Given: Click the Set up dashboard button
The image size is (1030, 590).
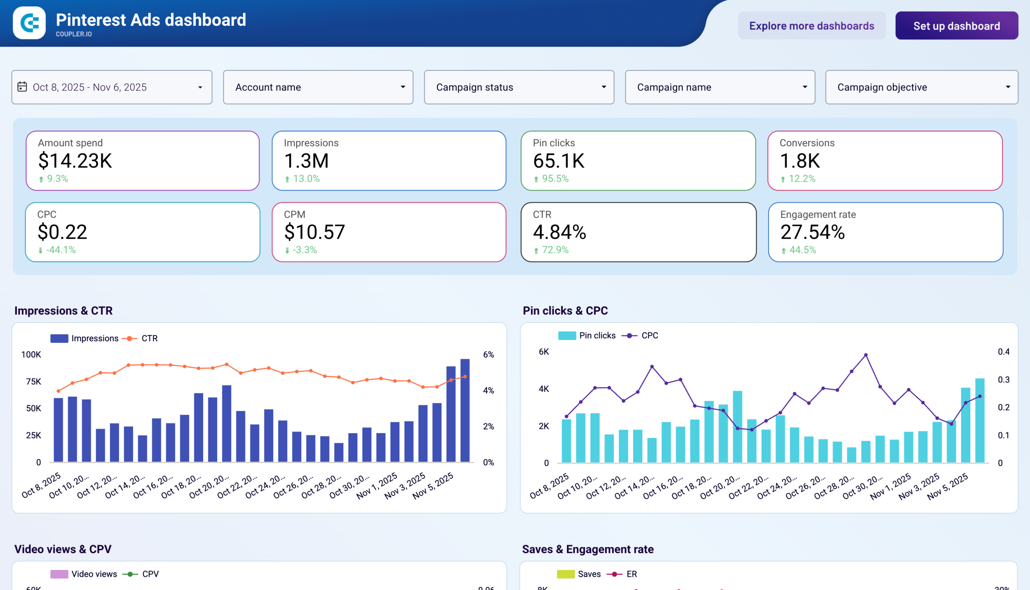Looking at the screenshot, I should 956,26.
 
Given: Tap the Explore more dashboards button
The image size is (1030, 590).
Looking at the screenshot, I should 812,26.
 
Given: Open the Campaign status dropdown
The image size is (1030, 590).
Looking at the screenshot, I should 519,87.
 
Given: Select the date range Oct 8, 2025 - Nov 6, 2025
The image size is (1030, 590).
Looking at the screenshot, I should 111,87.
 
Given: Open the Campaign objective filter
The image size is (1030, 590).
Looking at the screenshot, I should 921,87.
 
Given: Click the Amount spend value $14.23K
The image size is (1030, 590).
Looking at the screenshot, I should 75,161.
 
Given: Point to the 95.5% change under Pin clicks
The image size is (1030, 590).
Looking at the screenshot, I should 554,179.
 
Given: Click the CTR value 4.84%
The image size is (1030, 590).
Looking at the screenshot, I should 559,232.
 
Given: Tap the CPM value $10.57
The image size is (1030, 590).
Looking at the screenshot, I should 314,232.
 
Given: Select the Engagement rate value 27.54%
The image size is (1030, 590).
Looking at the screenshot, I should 812,232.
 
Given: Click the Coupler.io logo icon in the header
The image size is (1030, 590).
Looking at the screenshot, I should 29,23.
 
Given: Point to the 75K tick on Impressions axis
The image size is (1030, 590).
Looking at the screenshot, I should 33,381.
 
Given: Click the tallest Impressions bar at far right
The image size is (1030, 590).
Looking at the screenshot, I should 465,410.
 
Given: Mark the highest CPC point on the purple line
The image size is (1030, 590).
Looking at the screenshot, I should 866,355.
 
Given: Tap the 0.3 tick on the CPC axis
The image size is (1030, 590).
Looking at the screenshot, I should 1003,380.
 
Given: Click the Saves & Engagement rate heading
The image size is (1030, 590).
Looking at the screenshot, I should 587,549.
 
